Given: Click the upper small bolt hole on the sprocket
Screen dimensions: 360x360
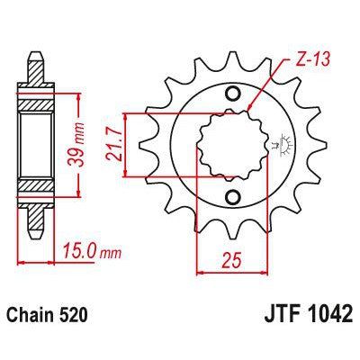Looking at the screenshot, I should click(233, 94).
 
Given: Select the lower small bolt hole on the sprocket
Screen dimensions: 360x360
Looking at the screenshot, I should click(233, 197).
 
